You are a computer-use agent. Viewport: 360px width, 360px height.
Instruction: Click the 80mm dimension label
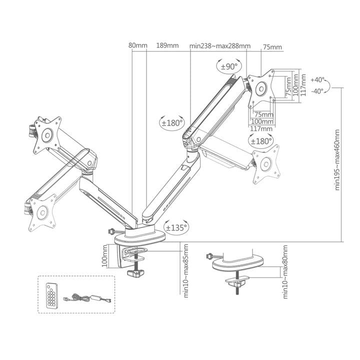[x=138, y=45]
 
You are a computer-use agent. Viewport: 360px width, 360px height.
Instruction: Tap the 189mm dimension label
[x=167, y=45]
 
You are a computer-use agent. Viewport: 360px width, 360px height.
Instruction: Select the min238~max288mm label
[x=220, y=46]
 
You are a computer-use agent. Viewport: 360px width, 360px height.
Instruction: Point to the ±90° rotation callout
[x=229, y=66]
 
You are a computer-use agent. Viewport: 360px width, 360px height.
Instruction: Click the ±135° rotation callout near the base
[x=176, y=227]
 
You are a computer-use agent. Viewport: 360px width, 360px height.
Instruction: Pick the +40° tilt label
[x=317, y=80]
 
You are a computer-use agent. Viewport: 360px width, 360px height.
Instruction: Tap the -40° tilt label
[x=317, y=91]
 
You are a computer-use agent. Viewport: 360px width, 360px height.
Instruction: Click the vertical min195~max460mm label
[x=337, y=160]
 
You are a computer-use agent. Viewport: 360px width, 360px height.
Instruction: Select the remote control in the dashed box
[x=51, y=295]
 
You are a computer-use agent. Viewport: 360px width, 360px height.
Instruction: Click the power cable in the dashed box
[x=87, y=298]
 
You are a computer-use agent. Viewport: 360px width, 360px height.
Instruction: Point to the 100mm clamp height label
[x=104, y=256]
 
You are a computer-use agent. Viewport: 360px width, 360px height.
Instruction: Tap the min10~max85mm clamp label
[x=185, y=271]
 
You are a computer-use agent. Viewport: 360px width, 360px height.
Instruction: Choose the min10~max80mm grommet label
[x=285, y=272]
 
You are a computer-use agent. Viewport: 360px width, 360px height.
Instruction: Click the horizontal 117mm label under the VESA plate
[x=261, y=129]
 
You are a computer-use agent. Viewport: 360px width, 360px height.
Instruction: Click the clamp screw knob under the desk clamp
[x=135, y=273]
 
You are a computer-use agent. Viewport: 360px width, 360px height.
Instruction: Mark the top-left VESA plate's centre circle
[x=47, y=135]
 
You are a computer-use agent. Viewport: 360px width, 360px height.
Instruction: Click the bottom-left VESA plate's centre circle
[x=42, y=212]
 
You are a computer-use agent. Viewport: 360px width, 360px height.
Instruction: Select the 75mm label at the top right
[x=272, y=47]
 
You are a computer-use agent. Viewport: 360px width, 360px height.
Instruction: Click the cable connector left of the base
[x=112, y=231]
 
